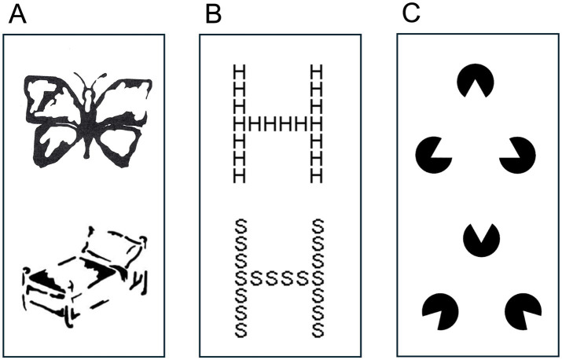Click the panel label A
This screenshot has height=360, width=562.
click(x=17, y=17)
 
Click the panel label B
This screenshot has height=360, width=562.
click(x=211, y=17)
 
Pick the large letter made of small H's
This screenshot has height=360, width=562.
click(x=277, y=124)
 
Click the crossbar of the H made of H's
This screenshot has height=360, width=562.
click(x=277, y=124)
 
